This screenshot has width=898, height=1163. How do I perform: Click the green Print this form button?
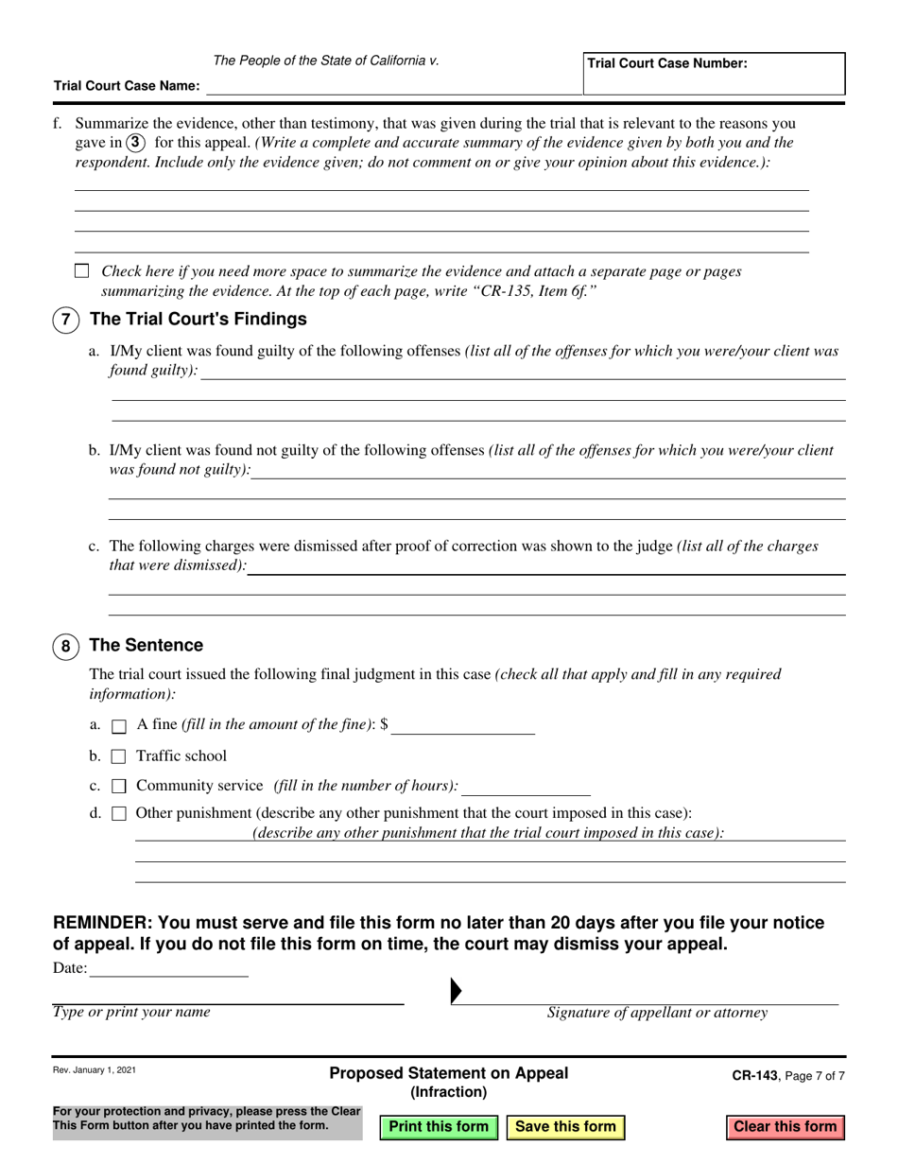[x=439, y=1126]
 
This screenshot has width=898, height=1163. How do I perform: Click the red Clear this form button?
[x=785, y=1126]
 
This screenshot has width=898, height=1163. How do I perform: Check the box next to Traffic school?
[x=119, y=756]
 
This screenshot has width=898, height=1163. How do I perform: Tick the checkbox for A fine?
[x=119, y=726]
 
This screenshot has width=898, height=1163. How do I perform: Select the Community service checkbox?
[x=119, y=786]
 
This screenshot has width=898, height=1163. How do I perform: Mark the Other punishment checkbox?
[x=119, y=813]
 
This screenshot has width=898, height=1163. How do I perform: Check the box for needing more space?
[x=81, y=271]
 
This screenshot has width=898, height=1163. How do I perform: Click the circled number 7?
[x=65, y=320]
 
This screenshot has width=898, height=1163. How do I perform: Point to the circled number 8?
[x=65, y=647]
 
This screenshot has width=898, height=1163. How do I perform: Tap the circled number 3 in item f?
[x=136, y=143]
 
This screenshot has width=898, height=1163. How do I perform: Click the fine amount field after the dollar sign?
[x=463, y=725]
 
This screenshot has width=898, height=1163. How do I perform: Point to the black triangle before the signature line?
[x=457, y=990]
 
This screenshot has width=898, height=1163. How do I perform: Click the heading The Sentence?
[x=146, y=646]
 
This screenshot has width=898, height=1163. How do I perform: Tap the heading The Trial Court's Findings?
[x=198, y=319]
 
